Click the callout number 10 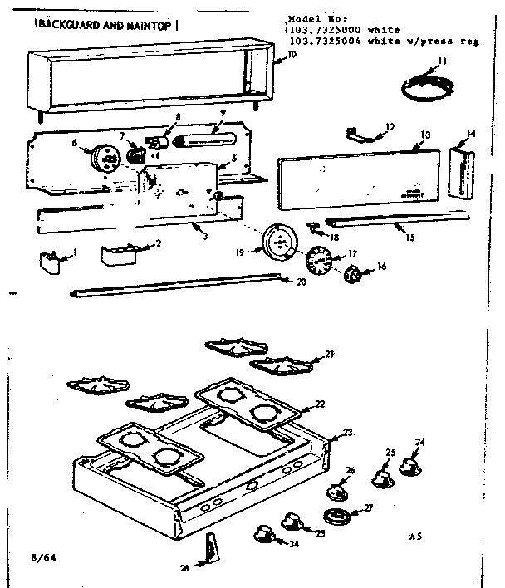click(x=291, y=55)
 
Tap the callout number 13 click(x=424, y=135)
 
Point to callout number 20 click(x=291, y=282)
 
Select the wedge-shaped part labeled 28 click(x=213, y=547)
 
